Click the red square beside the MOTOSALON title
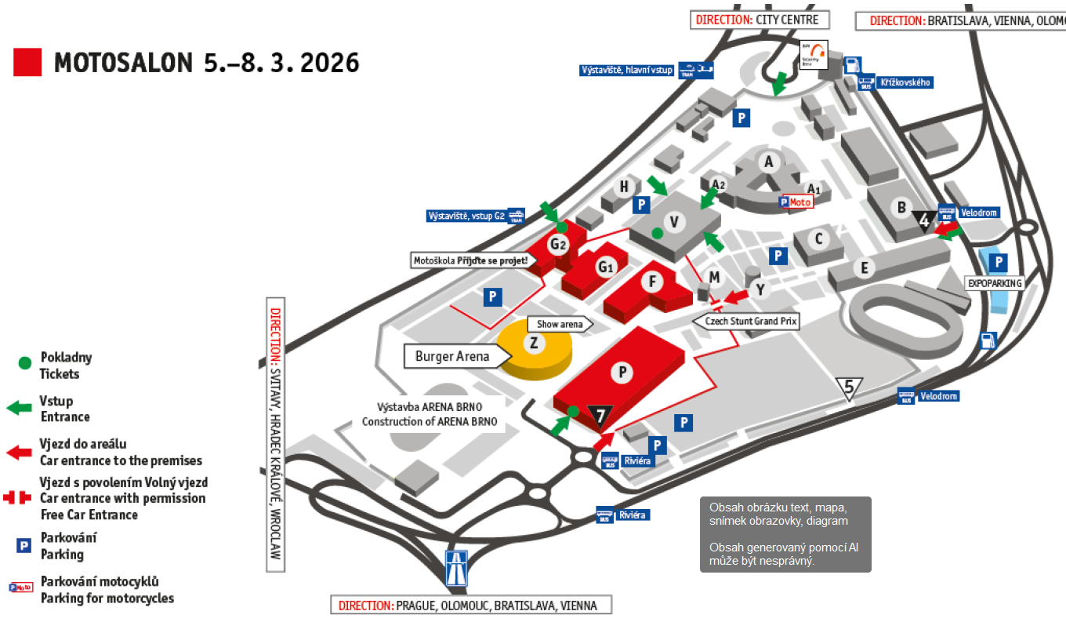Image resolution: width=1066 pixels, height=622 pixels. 27,62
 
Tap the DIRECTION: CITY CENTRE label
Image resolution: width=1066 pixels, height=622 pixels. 759,20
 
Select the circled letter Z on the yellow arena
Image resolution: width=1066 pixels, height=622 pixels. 534,343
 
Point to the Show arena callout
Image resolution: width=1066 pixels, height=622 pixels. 560,324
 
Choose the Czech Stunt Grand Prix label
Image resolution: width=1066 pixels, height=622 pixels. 745,321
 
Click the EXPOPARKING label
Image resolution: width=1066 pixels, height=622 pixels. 995,282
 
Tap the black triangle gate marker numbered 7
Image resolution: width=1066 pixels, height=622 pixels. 600,413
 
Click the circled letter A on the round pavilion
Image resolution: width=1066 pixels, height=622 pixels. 769,162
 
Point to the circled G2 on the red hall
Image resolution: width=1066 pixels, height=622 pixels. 558,245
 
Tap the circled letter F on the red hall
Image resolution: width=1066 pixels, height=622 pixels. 651,280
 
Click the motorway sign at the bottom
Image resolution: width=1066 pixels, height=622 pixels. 456,568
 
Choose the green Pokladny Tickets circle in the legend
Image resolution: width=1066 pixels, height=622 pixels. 25,362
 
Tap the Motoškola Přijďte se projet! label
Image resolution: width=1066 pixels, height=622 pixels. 471,260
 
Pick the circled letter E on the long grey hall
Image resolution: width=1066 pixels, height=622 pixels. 865,268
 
